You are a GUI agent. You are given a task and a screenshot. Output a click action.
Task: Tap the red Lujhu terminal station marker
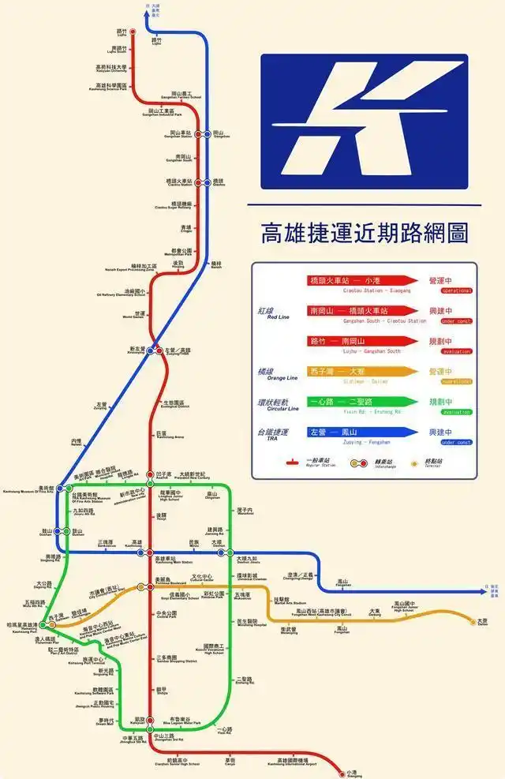click(x=133, y=32)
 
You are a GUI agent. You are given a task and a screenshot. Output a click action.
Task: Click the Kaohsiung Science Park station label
click(x=111, y=86)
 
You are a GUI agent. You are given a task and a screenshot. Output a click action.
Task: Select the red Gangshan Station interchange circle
click(x=198, y=134)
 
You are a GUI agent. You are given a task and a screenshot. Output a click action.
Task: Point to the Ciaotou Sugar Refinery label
click(x=174, y=206)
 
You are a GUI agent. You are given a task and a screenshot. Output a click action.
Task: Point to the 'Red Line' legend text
click(x=272, y=315)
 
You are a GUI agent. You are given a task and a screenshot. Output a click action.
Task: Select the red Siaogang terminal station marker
click(x=341, y=770)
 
